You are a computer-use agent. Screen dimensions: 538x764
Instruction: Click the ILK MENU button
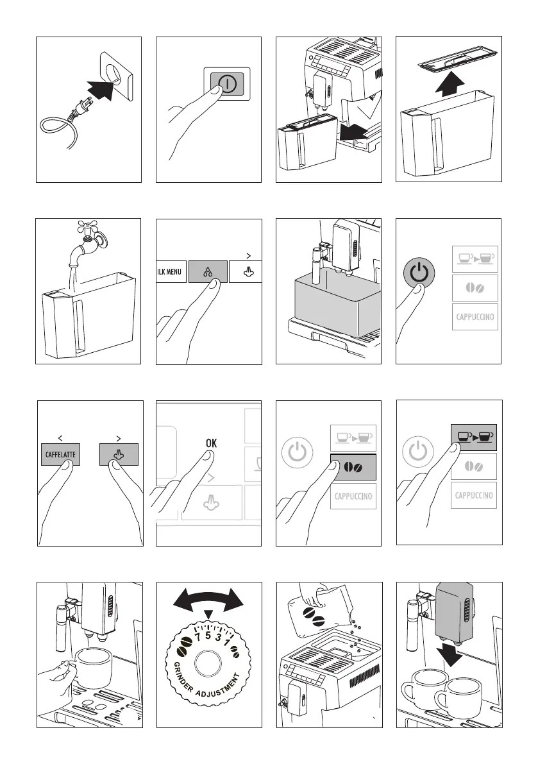(170, 272)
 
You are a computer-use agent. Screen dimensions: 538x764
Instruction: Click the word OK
(210, 443)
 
